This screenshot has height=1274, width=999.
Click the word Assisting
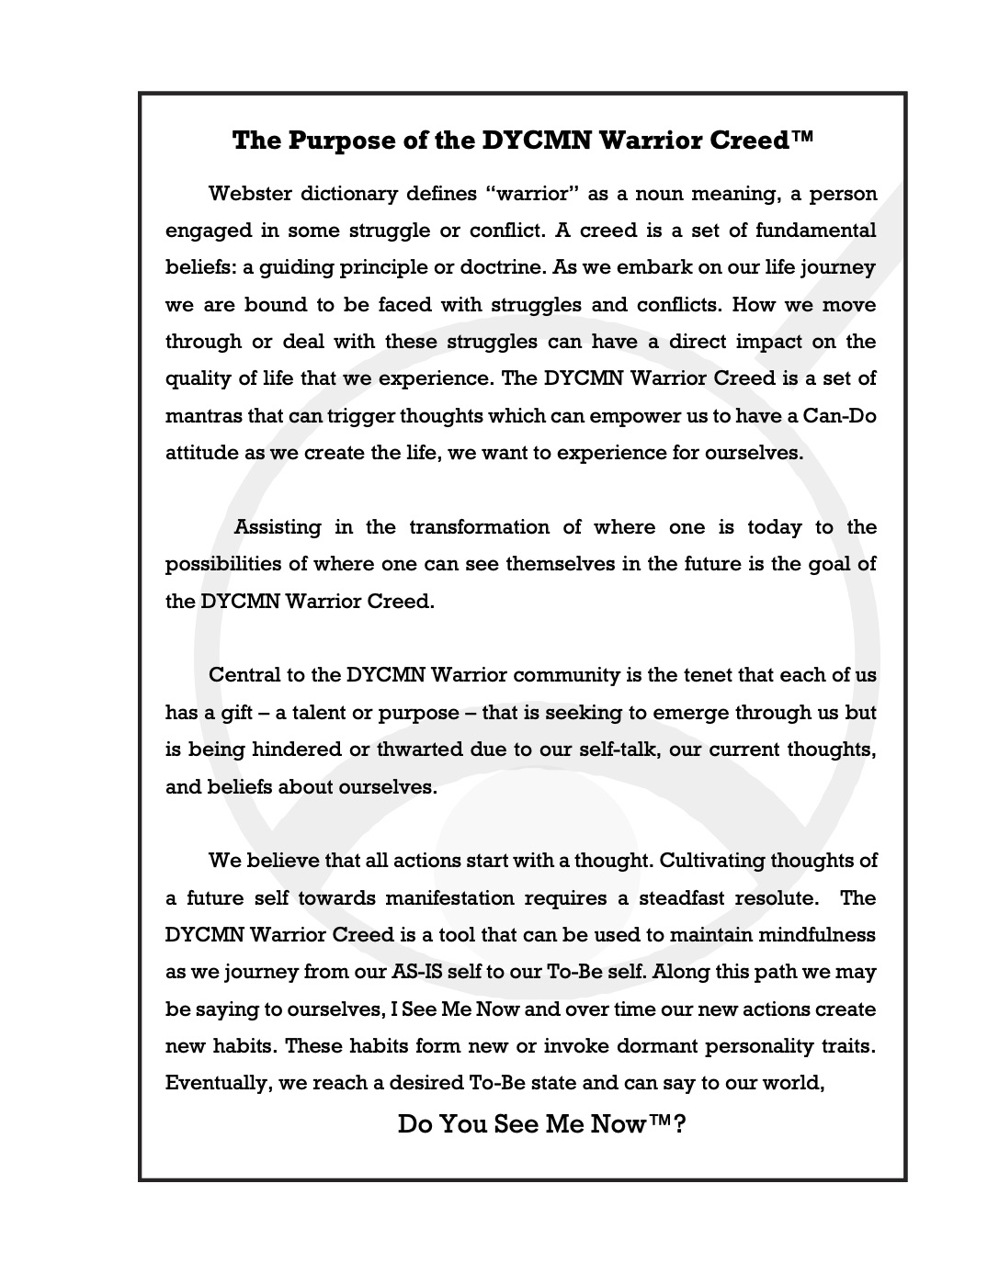click(x=278, y=527)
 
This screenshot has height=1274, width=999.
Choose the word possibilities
click(x=233, y=564)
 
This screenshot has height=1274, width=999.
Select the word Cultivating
click(x=710, y=861)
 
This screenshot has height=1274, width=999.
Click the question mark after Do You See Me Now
click(x=679, y=1124)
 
